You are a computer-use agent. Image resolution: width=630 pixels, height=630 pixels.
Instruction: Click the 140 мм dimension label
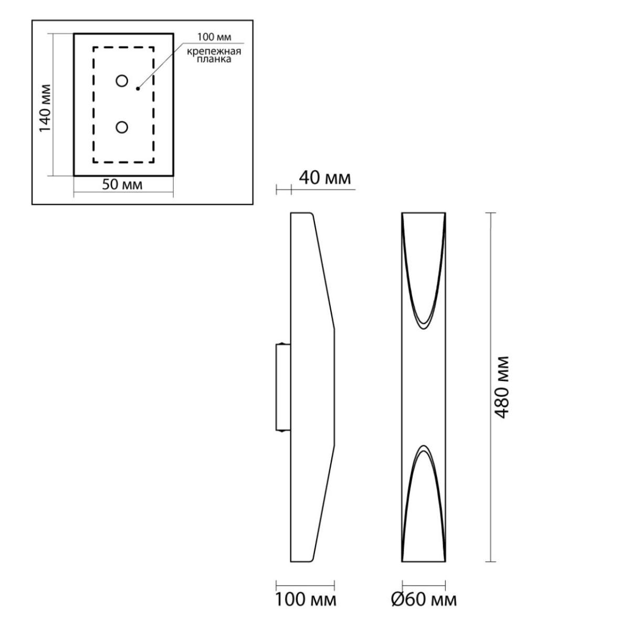[45, 109]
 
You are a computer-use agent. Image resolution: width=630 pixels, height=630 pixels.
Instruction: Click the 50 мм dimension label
[122, 185]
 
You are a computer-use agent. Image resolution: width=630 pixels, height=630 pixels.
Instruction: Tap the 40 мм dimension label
[324, 178]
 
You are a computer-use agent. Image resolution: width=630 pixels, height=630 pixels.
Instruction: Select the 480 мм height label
[501, 387]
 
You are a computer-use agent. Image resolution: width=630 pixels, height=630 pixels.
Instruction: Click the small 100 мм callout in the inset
[214, 37]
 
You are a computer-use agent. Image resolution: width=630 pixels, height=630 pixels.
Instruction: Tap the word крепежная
[214, 51]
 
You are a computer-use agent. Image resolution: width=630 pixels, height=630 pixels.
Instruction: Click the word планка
[214, 59]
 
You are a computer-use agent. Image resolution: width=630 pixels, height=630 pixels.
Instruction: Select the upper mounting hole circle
[122, 81]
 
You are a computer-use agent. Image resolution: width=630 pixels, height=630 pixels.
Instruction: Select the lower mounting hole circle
[122, 128]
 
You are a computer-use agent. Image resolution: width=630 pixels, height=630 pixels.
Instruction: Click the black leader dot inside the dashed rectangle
[138, 88]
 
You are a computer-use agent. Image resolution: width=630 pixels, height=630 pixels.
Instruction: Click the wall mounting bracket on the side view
[283, 387]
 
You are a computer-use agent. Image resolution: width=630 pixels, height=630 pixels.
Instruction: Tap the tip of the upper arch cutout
[424, 329]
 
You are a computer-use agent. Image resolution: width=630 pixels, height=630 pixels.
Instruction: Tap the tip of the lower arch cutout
[424, 445]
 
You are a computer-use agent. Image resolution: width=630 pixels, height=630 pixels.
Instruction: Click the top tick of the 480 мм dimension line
[490, 213]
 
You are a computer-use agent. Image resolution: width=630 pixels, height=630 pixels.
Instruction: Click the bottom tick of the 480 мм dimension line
[490, 562]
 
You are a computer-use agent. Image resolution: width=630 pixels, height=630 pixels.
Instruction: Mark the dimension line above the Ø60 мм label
[424, 585]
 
